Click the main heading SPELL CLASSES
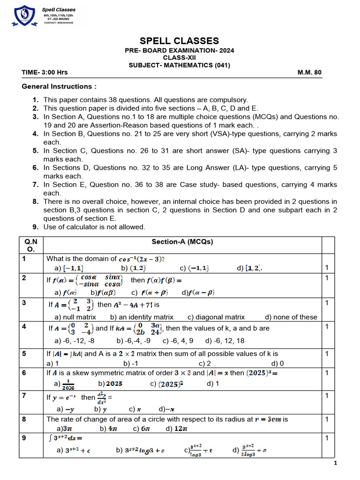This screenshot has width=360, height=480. point(179,41)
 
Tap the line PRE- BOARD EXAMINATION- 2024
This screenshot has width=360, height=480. point(179,51)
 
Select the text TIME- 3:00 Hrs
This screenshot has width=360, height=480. point(45,73)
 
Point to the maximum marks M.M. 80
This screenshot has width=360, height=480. point(309,73)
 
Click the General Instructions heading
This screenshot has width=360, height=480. point(60,86)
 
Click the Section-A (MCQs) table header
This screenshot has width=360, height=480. point(182,242)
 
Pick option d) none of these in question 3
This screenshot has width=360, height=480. point(291,317)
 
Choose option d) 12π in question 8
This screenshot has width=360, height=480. point(177,428)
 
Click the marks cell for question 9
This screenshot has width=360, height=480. point(327,438)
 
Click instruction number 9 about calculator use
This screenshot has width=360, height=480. point(94,227)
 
